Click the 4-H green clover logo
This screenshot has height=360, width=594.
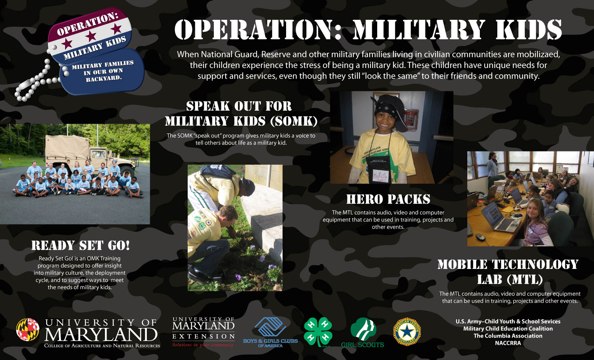point(318,332)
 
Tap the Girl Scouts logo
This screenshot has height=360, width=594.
point(363,333)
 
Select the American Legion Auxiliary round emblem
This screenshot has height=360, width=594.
point(407,332)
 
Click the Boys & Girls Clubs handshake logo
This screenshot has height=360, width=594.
point(270,332)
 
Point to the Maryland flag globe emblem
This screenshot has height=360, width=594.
point(28,330)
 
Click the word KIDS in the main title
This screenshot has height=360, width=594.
point(529,30)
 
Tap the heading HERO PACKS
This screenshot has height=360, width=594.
point(388,199)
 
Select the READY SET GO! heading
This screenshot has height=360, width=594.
point(81,245)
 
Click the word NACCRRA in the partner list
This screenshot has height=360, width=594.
point(508,343)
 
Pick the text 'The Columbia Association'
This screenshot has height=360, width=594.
point(508,336)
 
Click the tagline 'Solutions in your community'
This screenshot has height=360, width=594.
point(203,345)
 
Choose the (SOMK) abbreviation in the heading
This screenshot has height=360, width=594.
point(294,121)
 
